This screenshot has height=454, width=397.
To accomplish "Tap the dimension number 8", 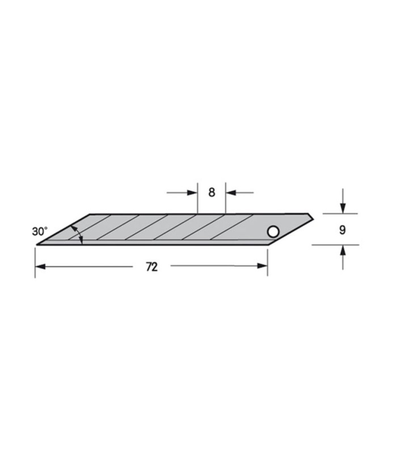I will (x=212, y=192).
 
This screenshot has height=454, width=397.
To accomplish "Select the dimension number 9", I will (x=343, y=230).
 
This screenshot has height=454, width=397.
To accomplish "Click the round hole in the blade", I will (x=273, y=232).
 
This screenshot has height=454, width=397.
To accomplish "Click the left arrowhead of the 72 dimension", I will (x=40, y=266).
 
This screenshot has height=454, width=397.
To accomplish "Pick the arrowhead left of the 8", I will (x=192, y=193).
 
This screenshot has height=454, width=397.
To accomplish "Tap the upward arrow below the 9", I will (x=343, y=250).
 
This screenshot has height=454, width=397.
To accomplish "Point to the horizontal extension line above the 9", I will (x=340, y=214).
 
